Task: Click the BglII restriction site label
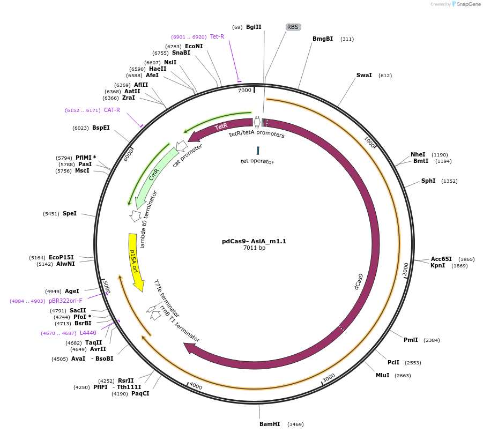coord(254,27)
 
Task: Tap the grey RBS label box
coord(293,27)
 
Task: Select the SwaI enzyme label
coord(364,76)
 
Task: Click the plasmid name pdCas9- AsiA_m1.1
coord(254,241)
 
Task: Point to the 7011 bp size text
coord(254,248)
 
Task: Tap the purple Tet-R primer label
coord(217,36)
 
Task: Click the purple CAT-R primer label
coord(112,110)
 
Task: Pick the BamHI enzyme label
coord(270,424)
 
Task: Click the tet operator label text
coord(257,161)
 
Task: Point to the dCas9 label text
coord(359,281)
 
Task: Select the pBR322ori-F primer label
coord(65,301)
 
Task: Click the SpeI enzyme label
coord(70,213)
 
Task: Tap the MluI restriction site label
coord(383,375)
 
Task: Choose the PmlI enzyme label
coord(411,340)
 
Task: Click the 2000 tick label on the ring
coord(406,269)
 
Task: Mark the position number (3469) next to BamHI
coord(295,424)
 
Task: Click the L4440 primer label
coord(88,333)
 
